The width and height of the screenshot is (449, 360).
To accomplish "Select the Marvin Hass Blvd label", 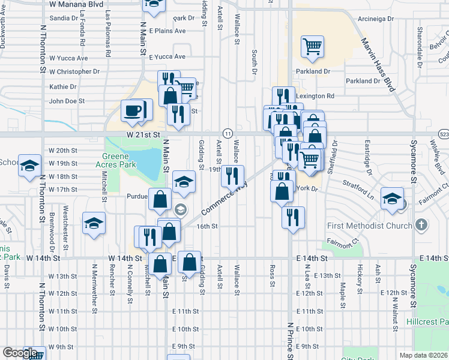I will coord(379,65).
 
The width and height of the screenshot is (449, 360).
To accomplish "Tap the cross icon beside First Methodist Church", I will coord(421,226).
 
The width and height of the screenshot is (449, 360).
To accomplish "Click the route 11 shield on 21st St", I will coord(228,133).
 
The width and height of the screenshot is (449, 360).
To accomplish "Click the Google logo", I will coord(20,353).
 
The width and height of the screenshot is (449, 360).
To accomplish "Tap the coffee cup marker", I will coord(133,110).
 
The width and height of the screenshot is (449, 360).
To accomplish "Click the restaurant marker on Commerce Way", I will coord(231,176).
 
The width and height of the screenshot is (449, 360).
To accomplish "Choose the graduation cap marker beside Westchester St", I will coord(94,224).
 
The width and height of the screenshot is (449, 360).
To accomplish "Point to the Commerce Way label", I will coord(223,200).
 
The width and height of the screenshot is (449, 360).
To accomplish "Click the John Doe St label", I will coord(67,101).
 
